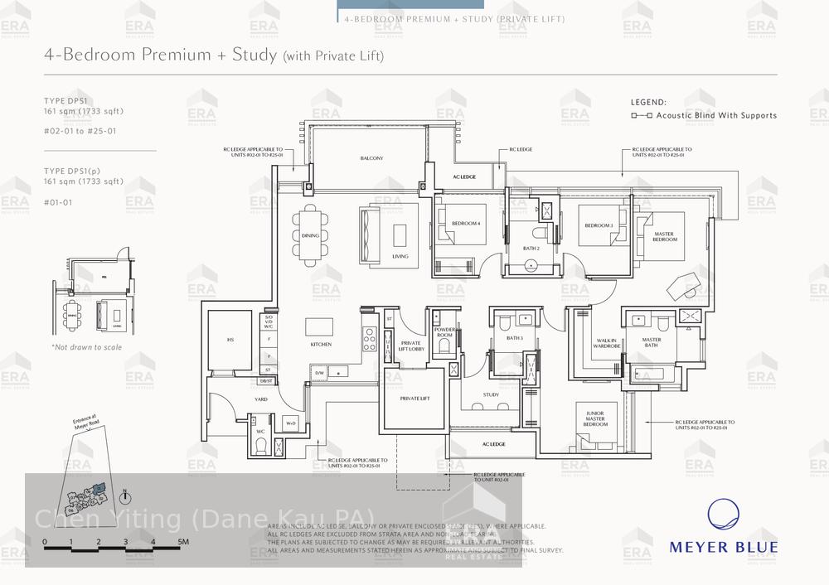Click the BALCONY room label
371,158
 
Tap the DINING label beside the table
310,236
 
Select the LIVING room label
400,257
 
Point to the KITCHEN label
321,345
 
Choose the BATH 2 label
531,248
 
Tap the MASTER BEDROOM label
664,237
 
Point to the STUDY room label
491,394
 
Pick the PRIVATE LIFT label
414,399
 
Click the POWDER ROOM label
444,332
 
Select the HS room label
230,340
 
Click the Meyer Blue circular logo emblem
723,515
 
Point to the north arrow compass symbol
125,496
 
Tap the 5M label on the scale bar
183,543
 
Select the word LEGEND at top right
648,102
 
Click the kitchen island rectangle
319,326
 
